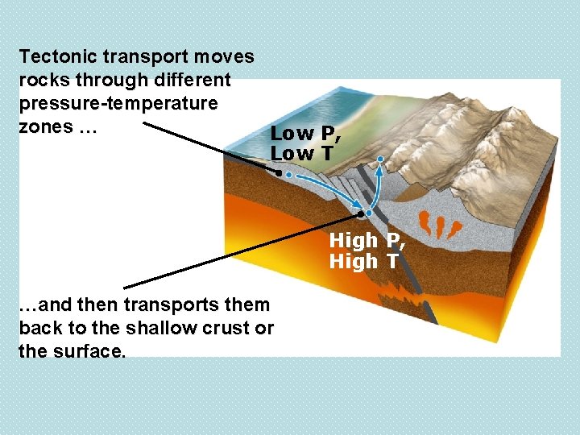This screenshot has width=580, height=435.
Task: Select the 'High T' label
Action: (x=363, y=261)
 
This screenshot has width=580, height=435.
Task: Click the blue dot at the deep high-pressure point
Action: (x=367, y=213)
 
